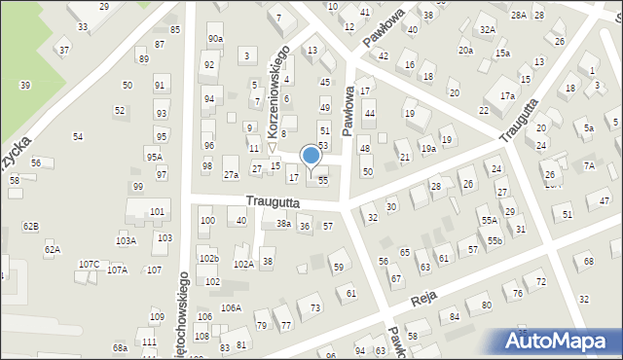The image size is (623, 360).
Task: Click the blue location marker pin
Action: tap(311, 157)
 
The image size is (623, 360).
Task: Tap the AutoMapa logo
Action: tap(559, 341)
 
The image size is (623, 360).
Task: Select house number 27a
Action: tap(231, 175)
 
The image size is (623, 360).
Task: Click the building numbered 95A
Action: tap(154, 157)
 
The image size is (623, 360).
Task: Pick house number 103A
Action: tap(126, 240)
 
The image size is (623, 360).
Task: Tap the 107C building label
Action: tap(89, 264)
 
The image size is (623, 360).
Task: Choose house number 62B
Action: tap(30, 226)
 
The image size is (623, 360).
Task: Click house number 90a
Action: tap(215, 38)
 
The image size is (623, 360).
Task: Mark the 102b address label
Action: tap(208, 259)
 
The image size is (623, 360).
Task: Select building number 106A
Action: tap(231, 307)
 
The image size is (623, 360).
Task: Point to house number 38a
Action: tap(283, 224)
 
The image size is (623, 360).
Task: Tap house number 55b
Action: tap(495, 240)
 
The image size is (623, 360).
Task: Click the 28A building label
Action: tap(518, 15)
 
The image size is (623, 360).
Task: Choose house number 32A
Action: tap(488, 30)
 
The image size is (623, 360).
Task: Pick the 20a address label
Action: tap(466, 51)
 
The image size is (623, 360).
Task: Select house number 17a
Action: tap(507, 96)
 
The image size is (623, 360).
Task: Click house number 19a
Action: tap(427, 149)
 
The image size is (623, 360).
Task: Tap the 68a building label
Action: tap(120, 347)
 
